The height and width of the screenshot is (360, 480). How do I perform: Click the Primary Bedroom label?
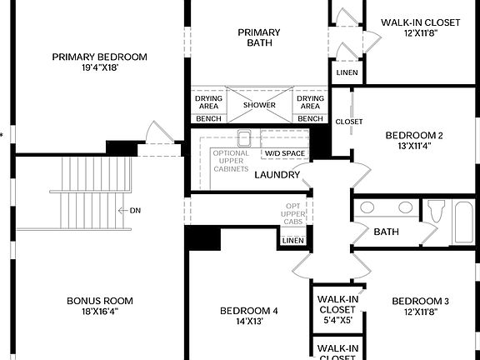click(x=99, y=57)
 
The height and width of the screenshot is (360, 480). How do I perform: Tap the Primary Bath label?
click(x=259, y=38)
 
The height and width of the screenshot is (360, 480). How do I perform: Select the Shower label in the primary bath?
click(x=259, y=105)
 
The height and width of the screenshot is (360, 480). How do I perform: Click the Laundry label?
click(x=277, y=175)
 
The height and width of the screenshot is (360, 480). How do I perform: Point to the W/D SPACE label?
click(x=285, y=153)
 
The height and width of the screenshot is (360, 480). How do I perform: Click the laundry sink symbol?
click(x=244, y=138)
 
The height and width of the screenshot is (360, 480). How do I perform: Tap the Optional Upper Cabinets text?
click(x=230, y=160)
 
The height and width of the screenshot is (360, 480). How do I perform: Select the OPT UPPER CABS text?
click(x=292, y=215)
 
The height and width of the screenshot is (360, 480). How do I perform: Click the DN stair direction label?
click(x=136, y=210)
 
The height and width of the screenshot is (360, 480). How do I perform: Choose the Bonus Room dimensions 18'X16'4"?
click(x=99, y=312)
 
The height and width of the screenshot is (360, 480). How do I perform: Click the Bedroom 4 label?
click(x=248, y=311)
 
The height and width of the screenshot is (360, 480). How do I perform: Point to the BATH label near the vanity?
click(x=386, y=232)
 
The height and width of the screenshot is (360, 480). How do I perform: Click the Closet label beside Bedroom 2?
click(x=349, y=122)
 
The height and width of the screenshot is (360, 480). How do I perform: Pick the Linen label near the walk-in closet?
click(x=347, y=72)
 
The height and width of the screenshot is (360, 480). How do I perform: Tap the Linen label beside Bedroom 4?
click(x=292, y=241)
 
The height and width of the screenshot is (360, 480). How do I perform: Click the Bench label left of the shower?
click(x=208, y=119)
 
